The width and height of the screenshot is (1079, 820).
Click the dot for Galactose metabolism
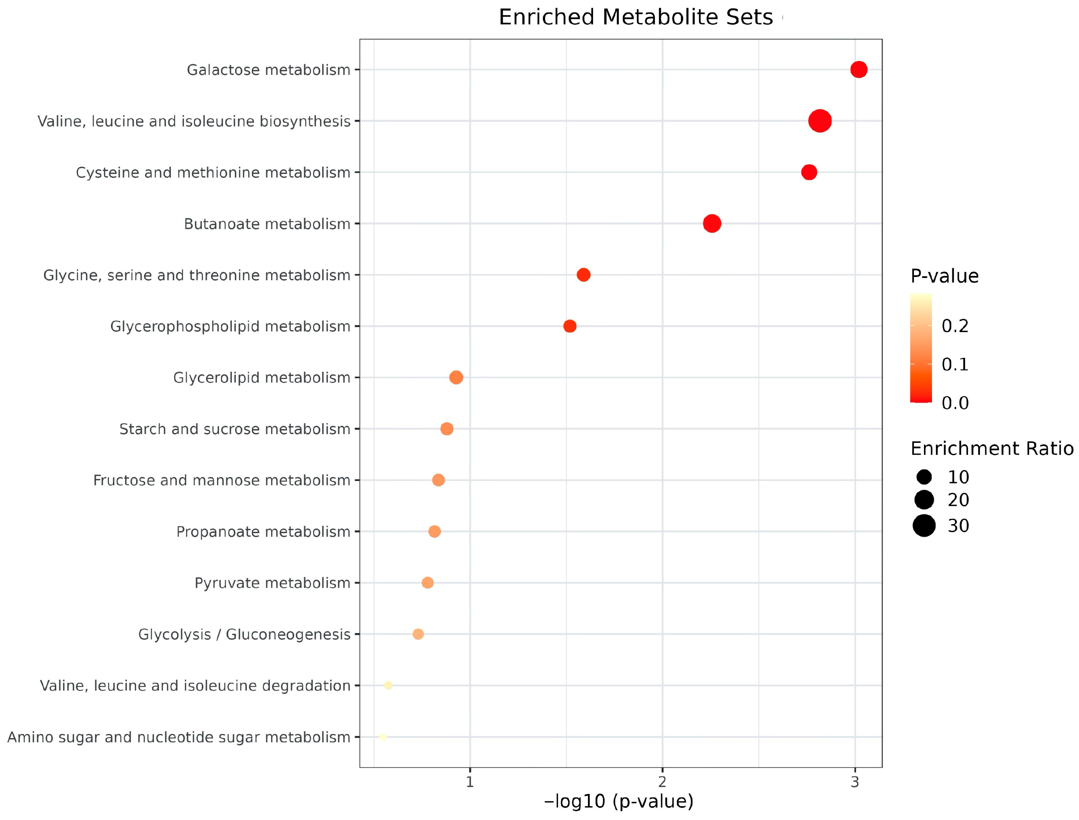point(858,70)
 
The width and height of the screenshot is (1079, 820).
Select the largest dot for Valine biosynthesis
point(820,121)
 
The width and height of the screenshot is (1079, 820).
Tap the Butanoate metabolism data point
point(711,224)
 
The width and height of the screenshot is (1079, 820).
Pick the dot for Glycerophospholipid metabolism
point(569,326)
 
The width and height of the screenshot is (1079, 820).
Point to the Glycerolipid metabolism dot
point(456,377)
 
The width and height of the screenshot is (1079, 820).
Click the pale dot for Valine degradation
point(388,685)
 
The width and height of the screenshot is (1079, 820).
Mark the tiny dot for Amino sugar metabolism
point(383,737)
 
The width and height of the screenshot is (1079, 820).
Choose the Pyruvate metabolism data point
point(428,583)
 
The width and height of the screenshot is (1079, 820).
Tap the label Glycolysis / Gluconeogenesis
point(244,635)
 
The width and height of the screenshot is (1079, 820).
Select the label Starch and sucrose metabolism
point(235,429)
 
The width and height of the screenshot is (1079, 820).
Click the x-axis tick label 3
point(854,782)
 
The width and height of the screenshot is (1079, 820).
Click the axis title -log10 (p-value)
point(618,801)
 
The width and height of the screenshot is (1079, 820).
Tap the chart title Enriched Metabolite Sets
point(635,17)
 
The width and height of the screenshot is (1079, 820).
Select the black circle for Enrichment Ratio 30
point(924,526)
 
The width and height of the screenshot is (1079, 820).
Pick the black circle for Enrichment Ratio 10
point(924,477)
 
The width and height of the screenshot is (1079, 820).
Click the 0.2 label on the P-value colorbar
point(955,326)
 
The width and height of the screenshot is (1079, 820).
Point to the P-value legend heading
point(944,276)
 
